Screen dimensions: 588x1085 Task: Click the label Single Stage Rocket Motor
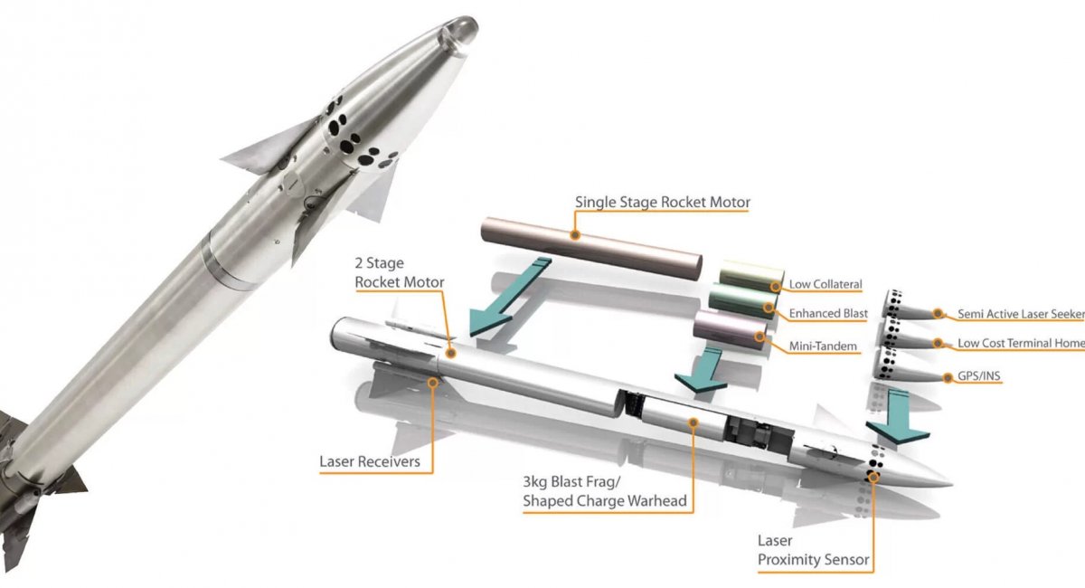[662, 202]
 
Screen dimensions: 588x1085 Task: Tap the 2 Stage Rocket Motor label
[400, 272]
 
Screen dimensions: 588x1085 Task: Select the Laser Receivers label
[369, 462]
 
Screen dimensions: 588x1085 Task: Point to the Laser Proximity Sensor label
[813, 550]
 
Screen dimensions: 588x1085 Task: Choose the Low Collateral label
[826, 284]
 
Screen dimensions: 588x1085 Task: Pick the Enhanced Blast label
[827, 313]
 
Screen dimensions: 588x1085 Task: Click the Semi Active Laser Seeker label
[1020, 314]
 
